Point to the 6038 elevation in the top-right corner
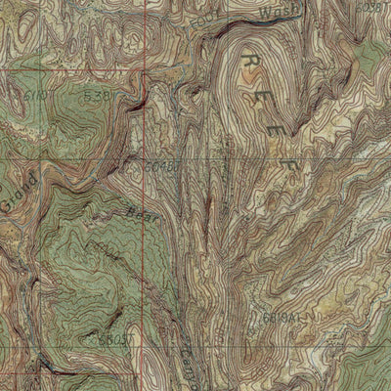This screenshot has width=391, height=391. point(369,8)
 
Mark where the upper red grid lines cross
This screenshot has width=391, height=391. point(146,69)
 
